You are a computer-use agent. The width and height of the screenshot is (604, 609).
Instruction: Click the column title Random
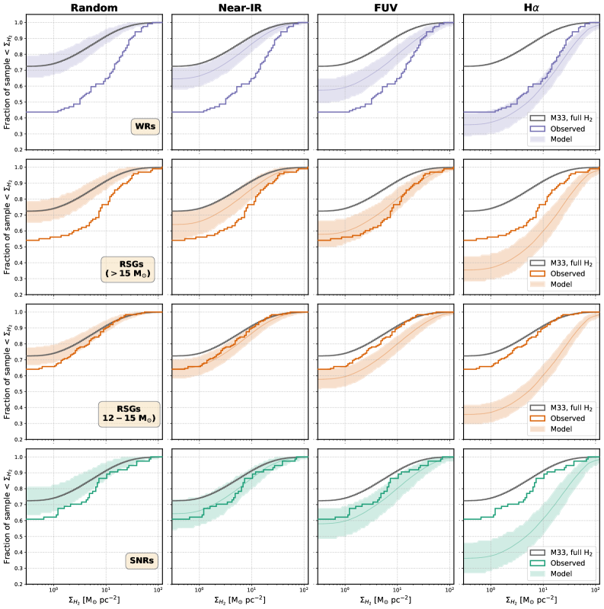[94, 8]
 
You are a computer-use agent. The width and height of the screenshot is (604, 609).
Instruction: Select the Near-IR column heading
[239, 8]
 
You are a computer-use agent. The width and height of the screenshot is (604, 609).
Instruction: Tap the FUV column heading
[385, 8]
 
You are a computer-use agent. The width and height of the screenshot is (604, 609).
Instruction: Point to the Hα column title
[530, 8]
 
